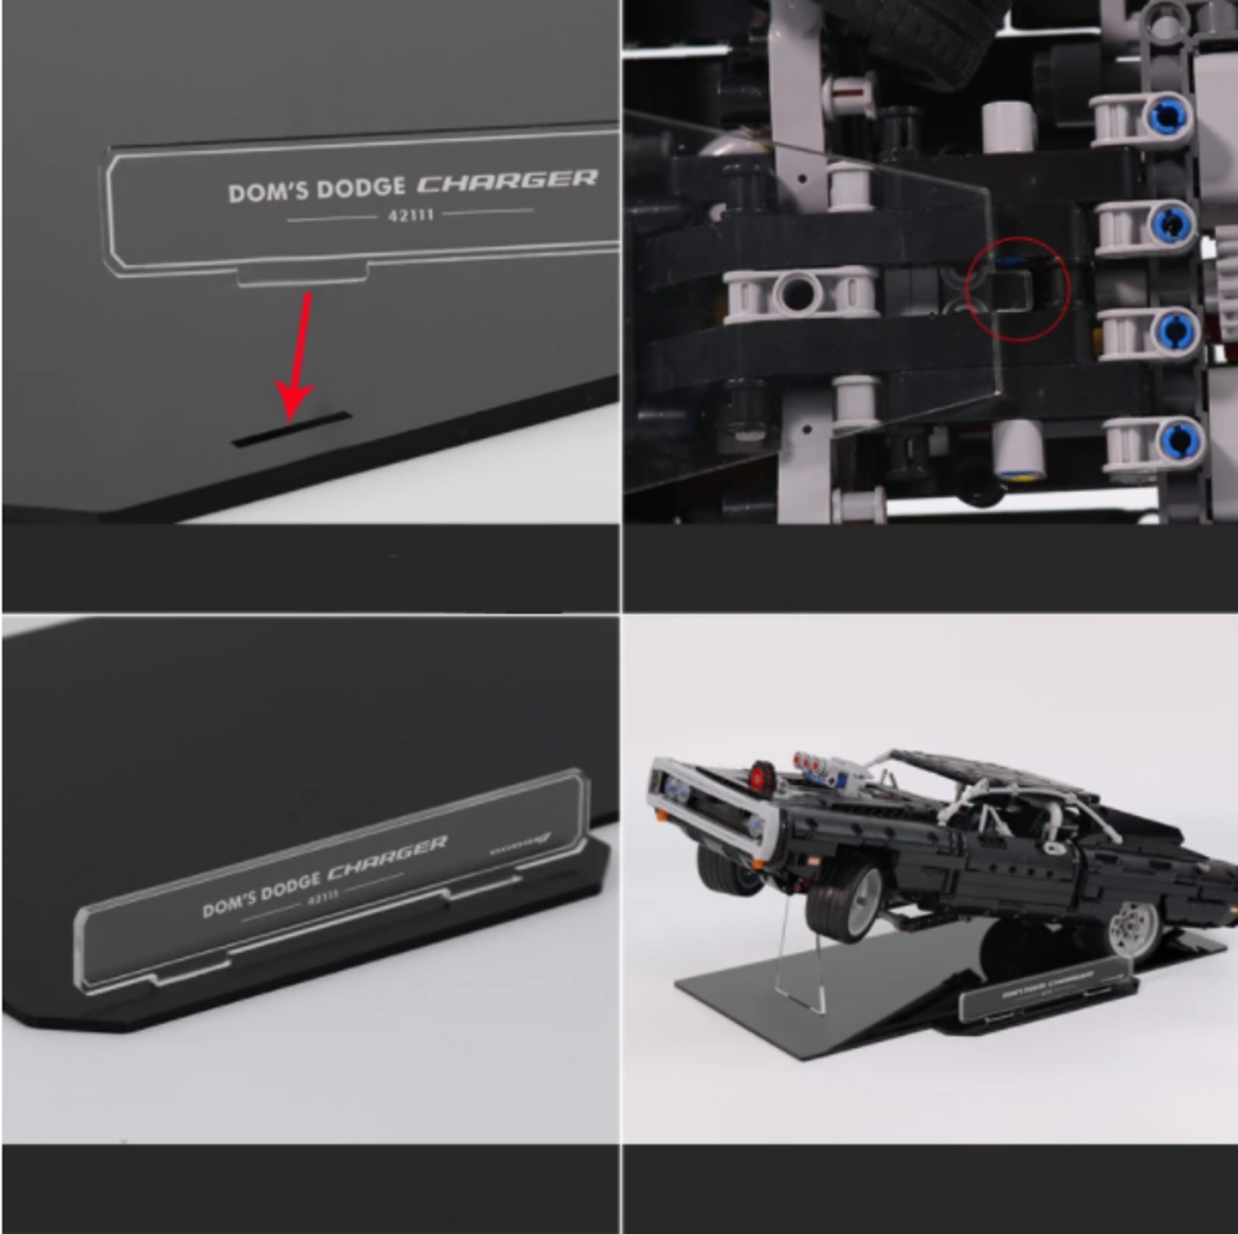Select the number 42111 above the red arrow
[x=411, y=215]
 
